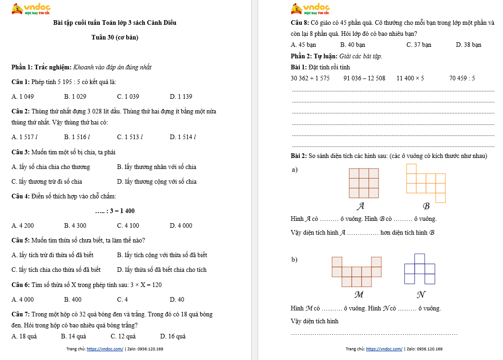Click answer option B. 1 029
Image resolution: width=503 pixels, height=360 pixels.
tap(75, 97)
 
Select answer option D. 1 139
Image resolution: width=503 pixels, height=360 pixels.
tap(181, 97)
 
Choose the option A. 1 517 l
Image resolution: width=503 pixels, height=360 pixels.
tap(25, 137)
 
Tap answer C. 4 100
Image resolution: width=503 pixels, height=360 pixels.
tap(128, 226)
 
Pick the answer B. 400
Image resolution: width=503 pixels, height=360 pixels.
tap(73, 300)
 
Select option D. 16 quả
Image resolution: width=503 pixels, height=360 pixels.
tap(173, 337)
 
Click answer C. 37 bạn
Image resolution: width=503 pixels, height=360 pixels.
tap(419, 45)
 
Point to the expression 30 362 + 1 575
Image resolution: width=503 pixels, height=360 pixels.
tap(310, 79)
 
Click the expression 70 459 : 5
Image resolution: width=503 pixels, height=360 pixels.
tap(462, 79)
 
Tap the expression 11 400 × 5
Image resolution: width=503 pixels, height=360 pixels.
tap(410, 79)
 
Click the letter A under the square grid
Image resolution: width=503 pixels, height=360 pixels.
tap(361, 206)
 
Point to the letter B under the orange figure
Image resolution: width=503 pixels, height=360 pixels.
tap(426, 206)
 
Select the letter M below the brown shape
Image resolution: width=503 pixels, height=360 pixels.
tap(359, 294)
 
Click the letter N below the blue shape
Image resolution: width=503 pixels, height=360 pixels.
tap(420, 294)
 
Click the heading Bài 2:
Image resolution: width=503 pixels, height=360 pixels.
tap(299, 156)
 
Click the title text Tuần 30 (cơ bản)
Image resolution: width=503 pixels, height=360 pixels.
tap(115, 37)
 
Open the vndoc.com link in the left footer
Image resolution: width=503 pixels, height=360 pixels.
tap(105, 349)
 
